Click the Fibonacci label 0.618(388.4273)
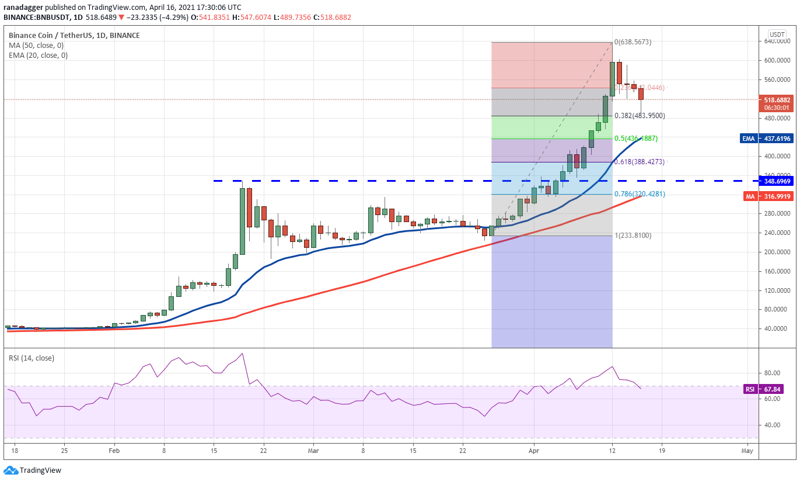coord(640,162)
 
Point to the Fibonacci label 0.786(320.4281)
coord(640,194)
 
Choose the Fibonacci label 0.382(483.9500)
coord(640,116)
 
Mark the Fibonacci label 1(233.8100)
coord(633,236)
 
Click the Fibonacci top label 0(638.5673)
coord(633,42)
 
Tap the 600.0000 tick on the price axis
coord(777,60)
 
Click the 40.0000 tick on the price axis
coord(777,328)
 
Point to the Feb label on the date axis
coord(114,451)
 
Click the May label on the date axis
coord(747,451)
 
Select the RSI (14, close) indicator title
coord(31,358)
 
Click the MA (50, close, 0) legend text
coord(36,46)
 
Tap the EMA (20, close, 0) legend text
coord(38,56)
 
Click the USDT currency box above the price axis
coord(777,34)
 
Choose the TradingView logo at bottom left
coord(33,470)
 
